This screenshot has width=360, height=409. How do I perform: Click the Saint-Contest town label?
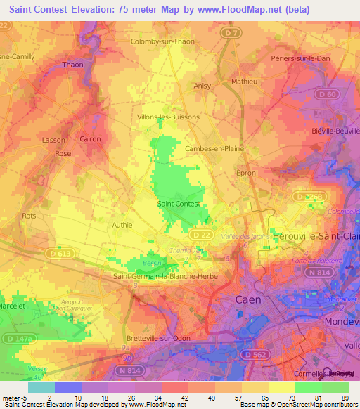[x=179, y=204]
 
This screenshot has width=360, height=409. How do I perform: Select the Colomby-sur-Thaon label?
[x=162, y=41]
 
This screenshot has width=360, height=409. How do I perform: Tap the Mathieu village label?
[x=244, y=82]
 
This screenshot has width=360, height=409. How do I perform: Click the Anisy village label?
[x=202, y=86]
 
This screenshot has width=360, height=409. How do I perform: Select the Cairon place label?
[x=90, y=139]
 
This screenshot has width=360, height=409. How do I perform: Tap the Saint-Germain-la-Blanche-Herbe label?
[x=165, y=276]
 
